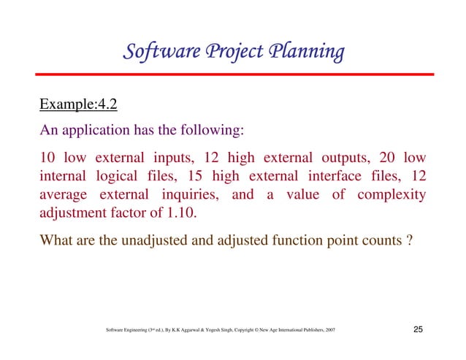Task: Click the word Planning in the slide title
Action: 304,53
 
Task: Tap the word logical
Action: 116,177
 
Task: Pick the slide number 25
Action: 418,332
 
